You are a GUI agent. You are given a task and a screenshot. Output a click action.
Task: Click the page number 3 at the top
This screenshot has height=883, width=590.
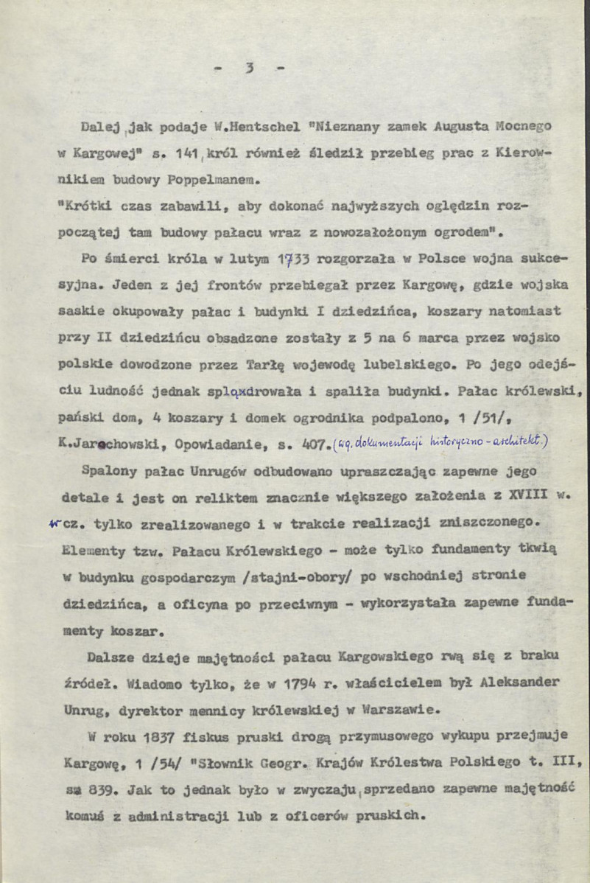click(250, 69)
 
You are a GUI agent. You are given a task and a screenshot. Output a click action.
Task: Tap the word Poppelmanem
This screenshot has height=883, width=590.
click(225, 178)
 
